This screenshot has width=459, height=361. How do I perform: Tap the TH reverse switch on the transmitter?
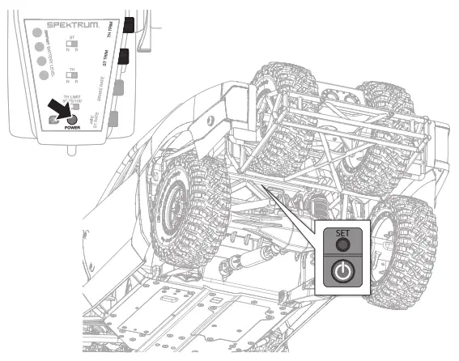pyautogui.click(x=73, y=76)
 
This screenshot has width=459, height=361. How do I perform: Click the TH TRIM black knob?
pyautogui.click(x=128, y=26)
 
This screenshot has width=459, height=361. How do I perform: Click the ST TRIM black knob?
pyautogui.click(x=125, y=57)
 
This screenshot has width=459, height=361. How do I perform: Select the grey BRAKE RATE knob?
pyautogui.click(x=119, y=87)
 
